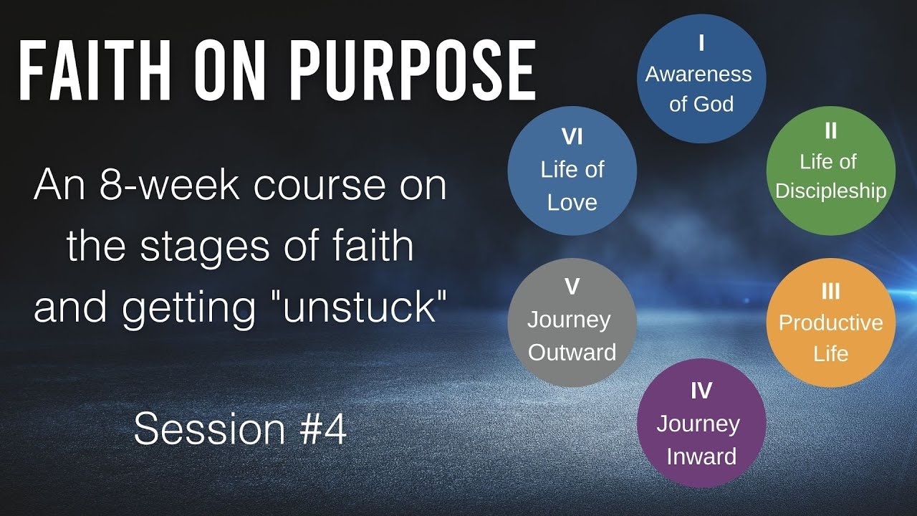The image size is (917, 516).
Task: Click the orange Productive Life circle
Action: click(830, 322)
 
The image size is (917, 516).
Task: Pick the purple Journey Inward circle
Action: click(701, 424)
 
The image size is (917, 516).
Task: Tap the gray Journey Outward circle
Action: click(572, 322)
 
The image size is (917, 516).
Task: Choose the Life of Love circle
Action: click(572, 171)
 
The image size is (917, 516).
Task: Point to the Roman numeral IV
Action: click(701, 391)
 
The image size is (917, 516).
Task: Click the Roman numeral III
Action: click(830, 291)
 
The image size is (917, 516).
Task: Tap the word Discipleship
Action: click(830, 191)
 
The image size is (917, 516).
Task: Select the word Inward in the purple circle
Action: click(701, 457)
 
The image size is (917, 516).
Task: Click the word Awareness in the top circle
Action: click(698, 75)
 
